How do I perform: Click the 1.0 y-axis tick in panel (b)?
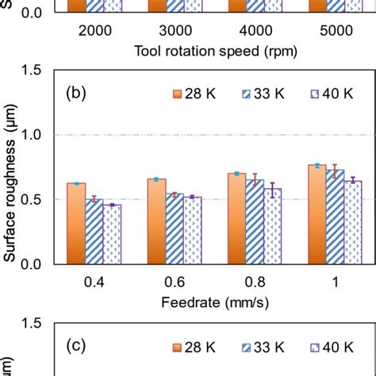36,135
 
